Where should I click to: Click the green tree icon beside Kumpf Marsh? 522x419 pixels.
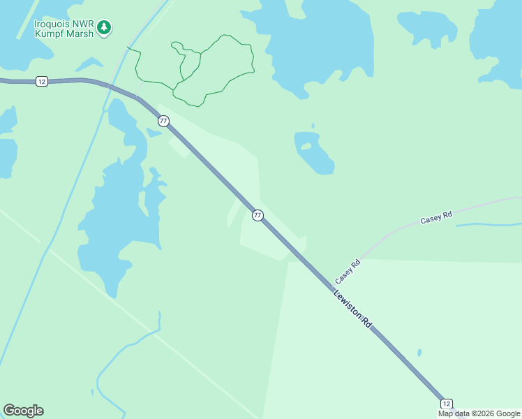click(x=104, y=27)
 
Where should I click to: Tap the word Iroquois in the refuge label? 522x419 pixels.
click(x=53, y=23)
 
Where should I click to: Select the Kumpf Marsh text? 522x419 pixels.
click(x=64, y=34)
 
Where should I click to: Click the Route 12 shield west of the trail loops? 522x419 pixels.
click(x=42, y=82)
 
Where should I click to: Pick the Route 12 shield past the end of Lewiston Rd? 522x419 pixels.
click(x=447, y=404)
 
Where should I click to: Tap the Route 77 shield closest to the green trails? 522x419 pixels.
click(x=163, y=121)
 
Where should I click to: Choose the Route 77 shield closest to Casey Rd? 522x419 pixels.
click(x=258, y=215)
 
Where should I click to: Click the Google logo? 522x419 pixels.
click(x=23, y=411)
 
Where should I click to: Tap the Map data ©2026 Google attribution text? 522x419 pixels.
click(x=479, y=414)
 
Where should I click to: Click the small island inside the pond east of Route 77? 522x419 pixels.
click(x=306, y=147)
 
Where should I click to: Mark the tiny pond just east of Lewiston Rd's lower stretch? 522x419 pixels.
click(x=419, y=353)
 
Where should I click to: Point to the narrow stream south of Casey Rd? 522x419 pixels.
click(x=489, y=225)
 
